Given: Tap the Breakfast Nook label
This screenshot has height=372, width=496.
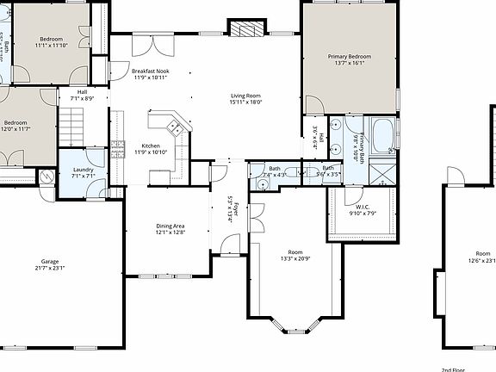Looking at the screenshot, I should tap(150, 71).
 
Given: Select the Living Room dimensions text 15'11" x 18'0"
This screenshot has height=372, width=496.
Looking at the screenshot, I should tap(245, 102).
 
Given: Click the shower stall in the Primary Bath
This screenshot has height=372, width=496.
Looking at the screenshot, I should tap(380, 170).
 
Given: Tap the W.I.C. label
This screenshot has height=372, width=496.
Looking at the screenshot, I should tap(363, 207).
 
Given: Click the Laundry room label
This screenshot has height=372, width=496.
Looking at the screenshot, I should tap(84, 170).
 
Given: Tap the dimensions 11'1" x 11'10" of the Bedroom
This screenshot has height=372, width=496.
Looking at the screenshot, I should tap(51, 45).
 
